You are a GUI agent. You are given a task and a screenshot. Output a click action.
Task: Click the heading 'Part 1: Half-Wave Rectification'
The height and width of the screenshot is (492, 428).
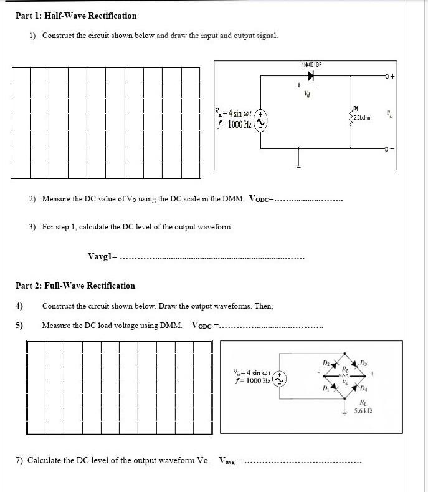75,16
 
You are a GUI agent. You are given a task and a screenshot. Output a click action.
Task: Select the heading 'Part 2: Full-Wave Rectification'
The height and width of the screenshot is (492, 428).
75,286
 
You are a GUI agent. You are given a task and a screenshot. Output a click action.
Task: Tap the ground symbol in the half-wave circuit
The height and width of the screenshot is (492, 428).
300,162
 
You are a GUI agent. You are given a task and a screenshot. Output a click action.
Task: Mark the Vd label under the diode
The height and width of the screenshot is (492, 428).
307,95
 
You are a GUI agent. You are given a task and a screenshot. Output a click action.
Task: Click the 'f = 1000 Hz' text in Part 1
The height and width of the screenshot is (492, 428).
231,124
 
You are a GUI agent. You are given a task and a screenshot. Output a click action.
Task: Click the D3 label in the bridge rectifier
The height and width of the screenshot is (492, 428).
364,362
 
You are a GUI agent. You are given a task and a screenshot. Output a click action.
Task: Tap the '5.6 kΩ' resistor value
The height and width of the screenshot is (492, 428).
363,412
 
